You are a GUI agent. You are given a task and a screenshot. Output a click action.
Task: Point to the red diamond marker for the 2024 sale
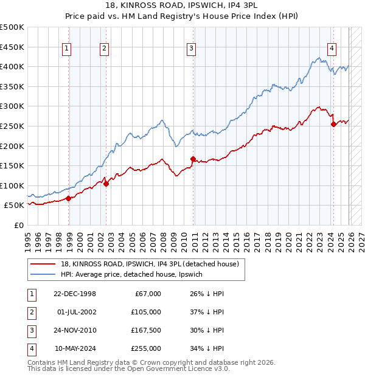pos(333,125)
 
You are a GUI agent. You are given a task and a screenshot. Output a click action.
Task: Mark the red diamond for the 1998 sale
pos(69,198)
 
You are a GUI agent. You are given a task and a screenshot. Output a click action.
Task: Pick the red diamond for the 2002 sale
pos(106,184)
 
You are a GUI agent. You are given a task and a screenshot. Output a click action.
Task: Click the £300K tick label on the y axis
pos(12,106)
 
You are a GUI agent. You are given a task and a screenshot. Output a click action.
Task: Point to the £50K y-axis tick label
pos(15,206)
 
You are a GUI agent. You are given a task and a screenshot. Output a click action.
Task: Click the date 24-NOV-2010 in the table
pos(75,330)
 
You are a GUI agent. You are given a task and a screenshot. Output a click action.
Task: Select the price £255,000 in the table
pos(147,348)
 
